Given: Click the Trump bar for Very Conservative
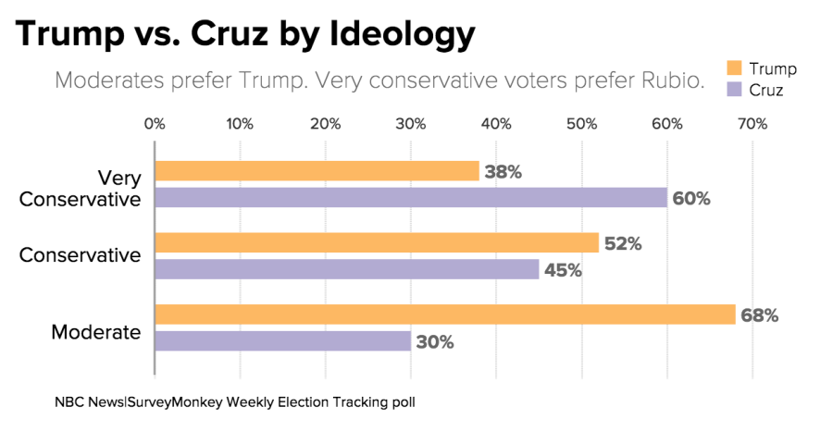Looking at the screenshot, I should click(x=317, y=171).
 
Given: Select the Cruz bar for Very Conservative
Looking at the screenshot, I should click(x=410, y=198).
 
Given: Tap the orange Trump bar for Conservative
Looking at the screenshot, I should click(x=376, y=243).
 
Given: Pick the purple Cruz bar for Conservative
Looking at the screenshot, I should click(x=346, y=269).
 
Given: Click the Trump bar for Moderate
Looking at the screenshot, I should click(x=444, y=314).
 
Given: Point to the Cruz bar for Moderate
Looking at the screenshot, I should click(x=282, y=341).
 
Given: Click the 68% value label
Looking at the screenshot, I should click(x=759, y=315).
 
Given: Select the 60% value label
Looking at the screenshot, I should click(x=691, y=199).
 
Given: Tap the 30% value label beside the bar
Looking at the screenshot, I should click(x=435, y=342).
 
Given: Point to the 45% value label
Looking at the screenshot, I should click(x=563, y=270).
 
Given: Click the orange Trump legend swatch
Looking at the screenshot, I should click(x=735, y=68).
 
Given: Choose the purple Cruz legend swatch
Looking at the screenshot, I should click(x=735, y=90).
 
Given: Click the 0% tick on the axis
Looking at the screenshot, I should click(x=155, y=124).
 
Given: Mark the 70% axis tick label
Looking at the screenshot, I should click(x=752, y=124).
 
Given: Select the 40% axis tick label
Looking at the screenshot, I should click(x=496, y=124).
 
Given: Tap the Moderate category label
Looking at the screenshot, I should click(x=96, y=332).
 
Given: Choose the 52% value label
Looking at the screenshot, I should click(x=623, y=244).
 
